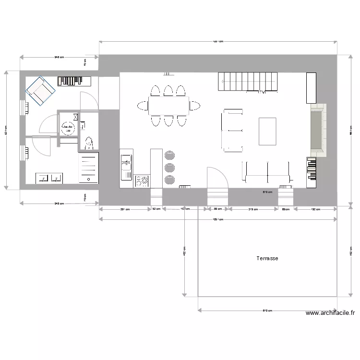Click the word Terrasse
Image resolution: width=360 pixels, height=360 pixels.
click(267, 258)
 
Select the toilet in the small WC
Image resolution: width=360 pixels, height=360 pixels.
click(89, 143)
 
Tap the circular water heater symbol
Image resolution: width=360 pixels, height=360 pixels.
click(68, 128)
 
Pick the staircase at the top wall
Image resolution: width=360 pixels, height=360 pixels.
click(248, 81)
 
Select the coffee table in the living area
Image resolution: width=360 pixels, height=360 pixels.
click(267, 131)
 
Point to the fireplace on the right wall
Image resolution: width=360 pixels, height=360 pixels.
click(317, 131)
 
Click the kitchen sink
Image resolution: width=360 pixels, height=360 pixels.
click(126, 166)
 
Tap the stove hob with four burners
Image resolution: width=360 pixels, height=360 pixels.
click(142, 181)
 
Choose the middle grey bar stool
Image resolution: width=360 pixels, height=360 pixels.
click(169, 167)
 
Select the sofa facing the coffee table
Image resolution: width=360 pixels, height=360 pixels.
click(232, 131)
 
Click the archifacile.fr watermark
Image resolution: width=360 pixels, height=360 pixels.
click(330, 313)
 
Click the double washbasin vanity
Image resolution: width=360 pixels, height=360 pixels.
click(50, 178)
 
